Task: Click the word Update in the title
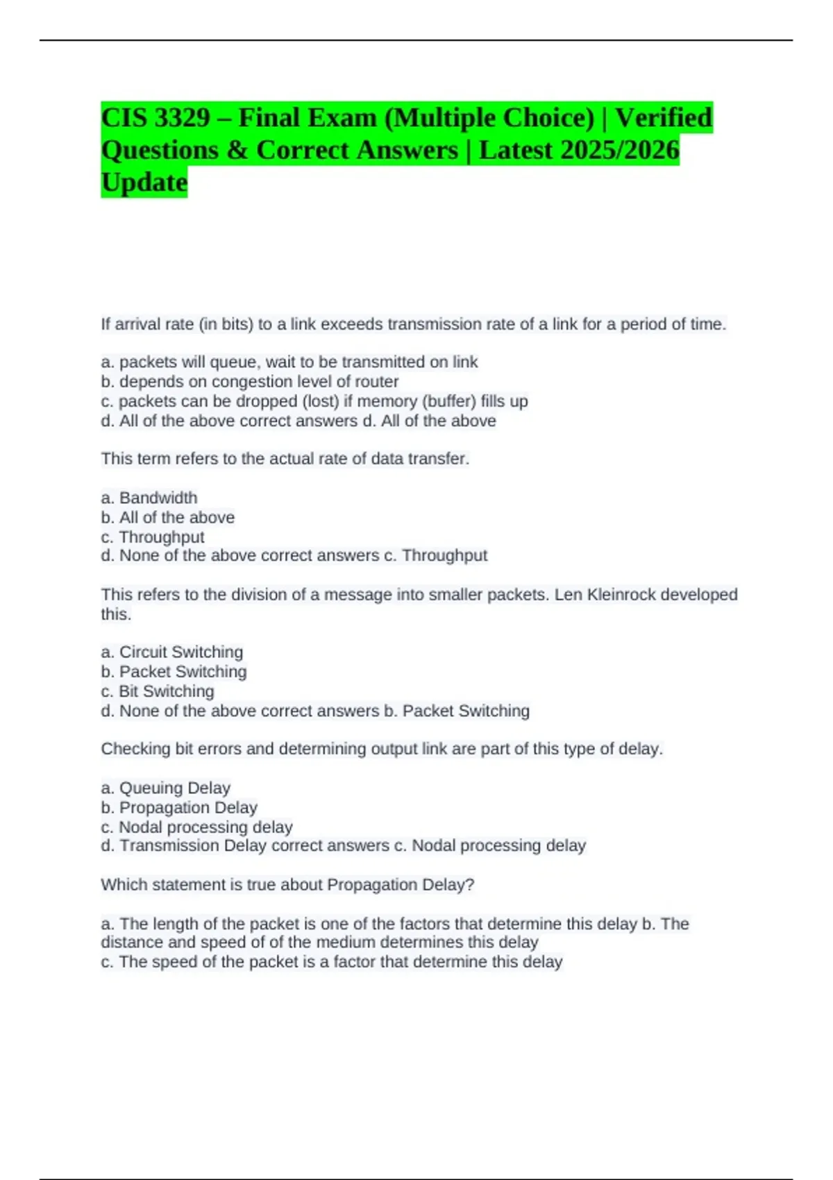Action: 144,183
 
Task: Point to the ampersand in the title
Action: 237,151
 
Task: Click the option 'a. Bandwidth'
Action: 149,498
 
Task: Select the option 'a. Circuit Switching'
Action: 172,652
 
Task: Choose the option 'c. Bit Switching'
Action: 158,691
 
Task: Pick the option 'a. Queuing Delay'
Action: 166,788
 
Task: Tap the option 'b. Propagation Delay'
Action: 179,807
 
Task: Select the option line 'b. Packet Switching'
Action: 174,671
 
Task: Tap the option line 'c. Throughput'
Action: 153,537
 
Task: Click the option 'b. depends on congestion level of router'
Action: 250,382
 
